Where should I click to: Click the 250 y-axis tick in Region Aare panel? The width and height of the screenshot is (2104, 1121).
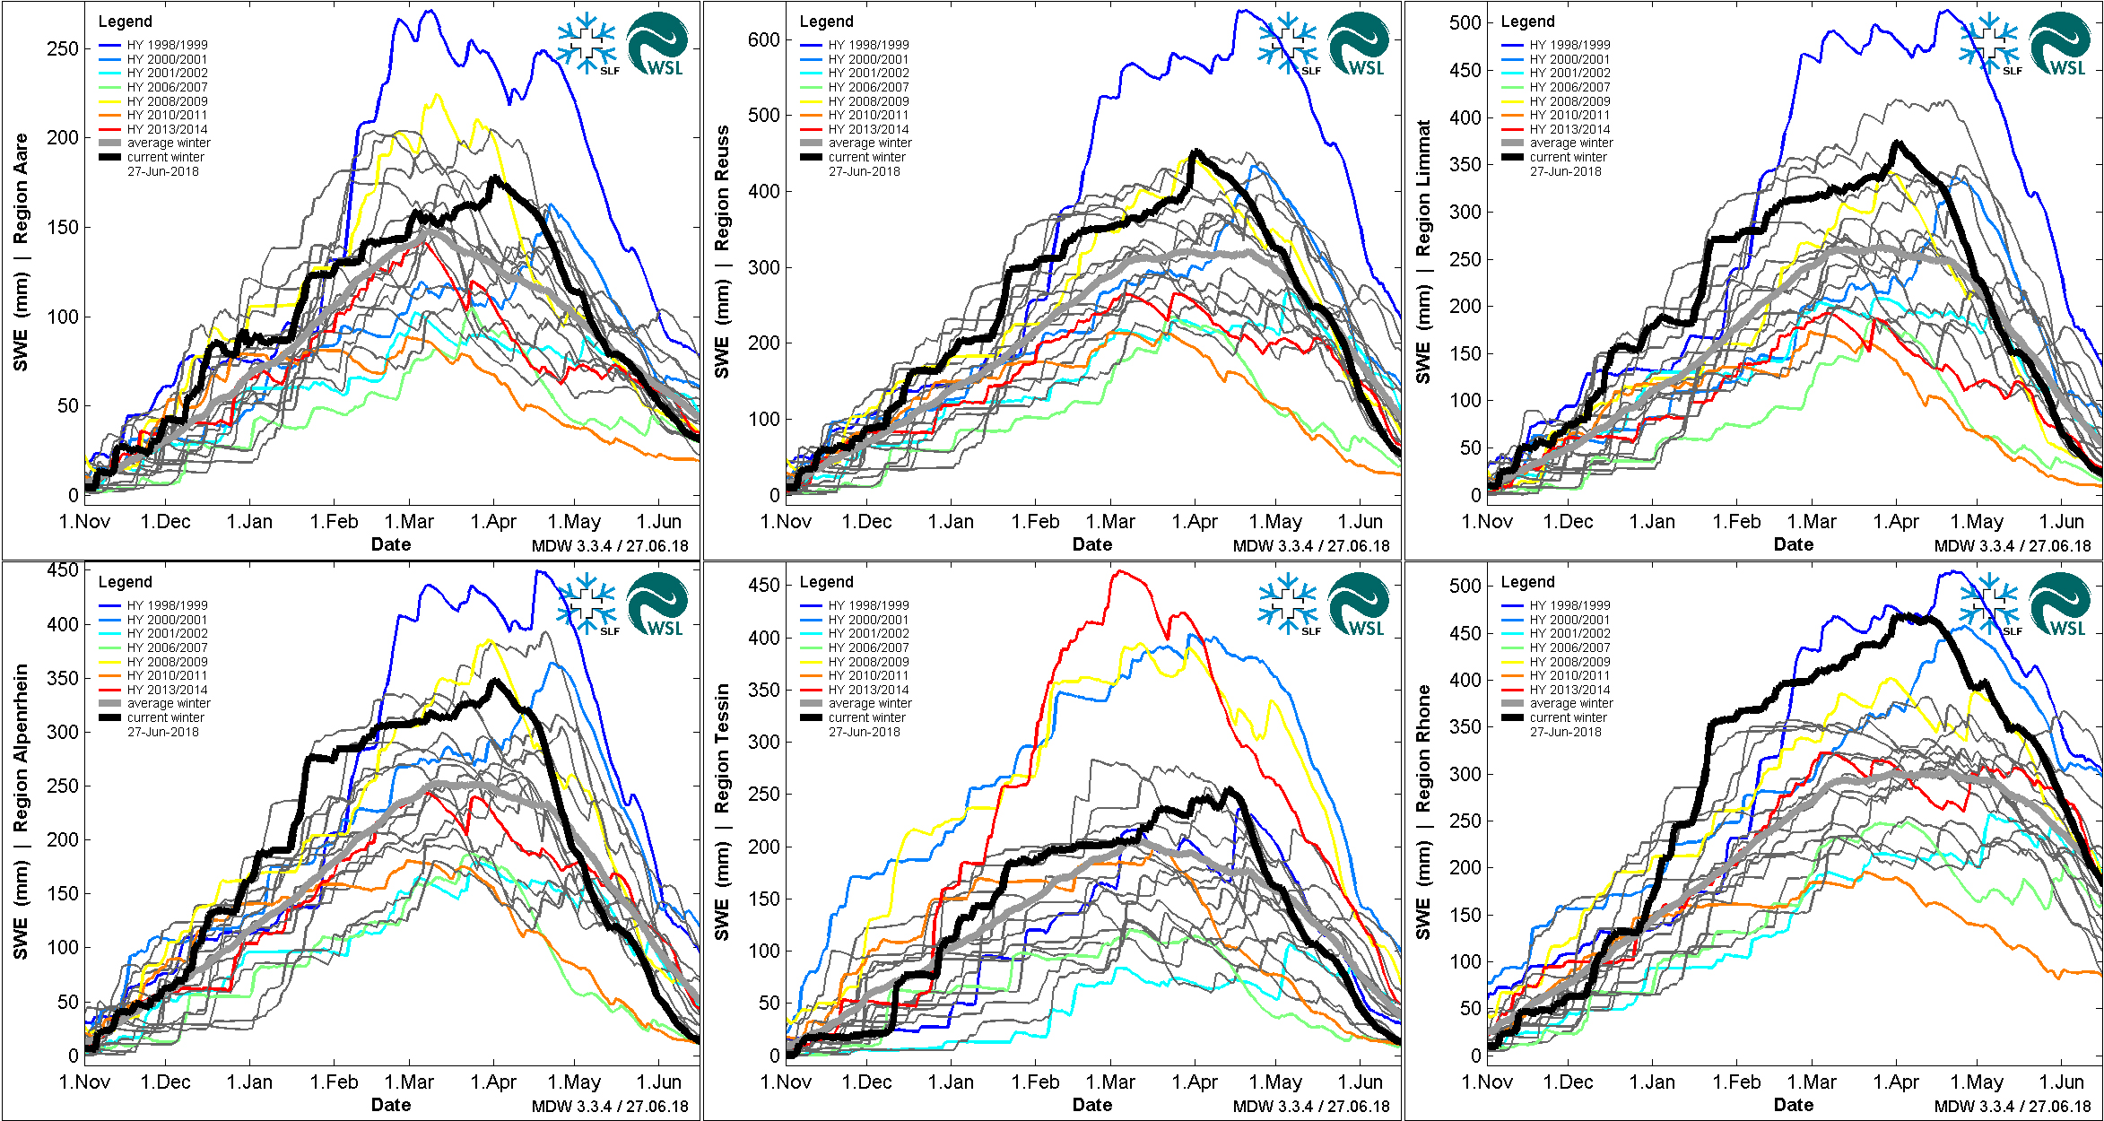pyautogui.click(x=63, y=48)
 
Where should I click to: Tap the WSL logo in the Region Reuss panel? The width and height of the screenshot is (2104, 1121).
pyautogui.click(x=1359, y=45)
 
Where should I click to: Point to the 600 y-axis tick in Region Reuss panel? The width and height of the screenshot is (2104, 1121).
pyautogui.click(x=763, y=39)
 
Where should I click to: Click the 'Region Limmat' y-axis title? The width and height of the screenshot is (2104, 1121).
pyautogui.click(x=1423, y=189)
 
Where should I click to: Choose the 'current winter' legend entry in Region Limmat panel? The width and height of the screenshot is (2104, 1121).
pyautogui.click(x=1569, y=157)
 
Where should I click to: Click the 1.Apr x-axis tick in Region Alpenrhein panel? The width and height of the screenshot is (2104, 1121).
pyautogui.click(x=493, y=1082)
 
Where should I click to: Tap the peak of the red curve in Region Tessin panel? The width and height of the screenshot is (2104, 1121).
pyautogui.click(x=1118, y=571)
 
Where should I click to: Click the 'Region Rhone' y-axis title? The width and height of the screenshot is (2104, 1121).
pyautogui.click(x=1423, y=749)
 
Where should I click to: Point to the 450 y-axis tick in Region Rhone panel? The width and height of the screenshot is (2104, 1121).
pyautogui.click(x=1465, y=633)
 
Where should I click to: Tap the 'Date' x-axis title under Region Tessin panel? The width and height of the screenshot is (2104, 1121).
pyautogui.click(x=1091, y=1105)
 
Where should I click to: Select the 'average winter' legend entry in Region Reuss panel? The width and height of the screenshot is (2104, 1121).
pyautogui.click(x=870, y=143)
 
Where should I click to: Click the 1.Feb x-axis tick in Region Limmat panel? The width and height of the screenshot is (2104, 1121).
pyautogui.click(x=1736, y=522)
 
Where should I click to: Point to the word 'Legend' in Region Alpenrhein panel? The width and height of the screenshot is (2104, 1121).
pyautogui.click(x=125, y=582)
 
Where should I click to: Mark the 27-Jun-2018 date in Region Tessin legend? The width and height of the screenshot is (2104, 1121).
pyautogui.click(x=864, y=732)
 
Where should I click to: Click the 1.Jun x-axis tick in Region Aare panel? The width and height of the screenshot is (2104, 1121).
pyautogui.click(x=659, y=522)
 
